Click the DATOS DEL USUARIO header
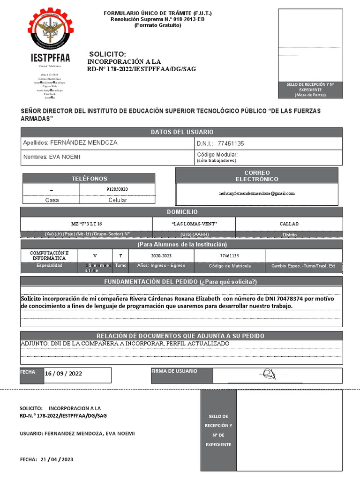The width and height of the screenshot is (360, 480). pyautogui.click(x=181, y=132)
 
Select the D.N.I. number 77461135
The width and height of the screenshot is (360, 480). pyautogui.click(x=231, y=143)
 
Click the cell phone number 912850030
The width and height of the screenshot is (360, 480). pyautogui.click(x=117, y=189)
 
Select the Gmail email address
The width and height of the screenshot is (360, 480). pyautogui.click(x=257, y=193)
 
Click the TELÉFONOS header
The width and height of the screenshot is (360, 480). pyautogui.click(x=89, y=179)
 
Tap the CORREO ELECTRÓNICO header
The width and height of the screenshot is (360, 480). pyautogui.click(x=256, y=176)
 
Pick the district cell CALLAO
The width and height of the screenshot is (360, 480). pyautogui.click(x=289, y=224)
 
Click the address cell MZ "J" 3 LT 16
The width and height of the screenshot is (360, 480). pyautogui.click(x=86, y=224)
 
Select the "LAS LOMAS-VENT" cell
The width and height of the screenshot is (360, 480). pyautogui.click(x=194, y=224)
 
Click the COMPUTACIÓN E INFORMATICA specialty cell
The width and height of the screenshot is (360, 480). pyautogui.click(x=49, y=255)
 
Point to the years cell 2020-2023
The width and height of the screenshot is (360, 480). pyautogui.click(x=161, y=256)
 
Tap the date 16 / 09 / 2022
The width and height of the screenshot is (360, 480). pyautogui.click(x=64, y=374)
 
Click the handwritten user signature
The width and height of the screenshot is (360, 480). pyautogui.click(x=270, y=375)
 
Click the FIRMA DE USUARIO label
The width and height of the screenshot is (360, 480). pyautogui.click(x=174, y=371)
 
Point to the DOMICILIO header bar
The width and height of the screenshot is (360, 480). pyautogui.click(x=181, y=212)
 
